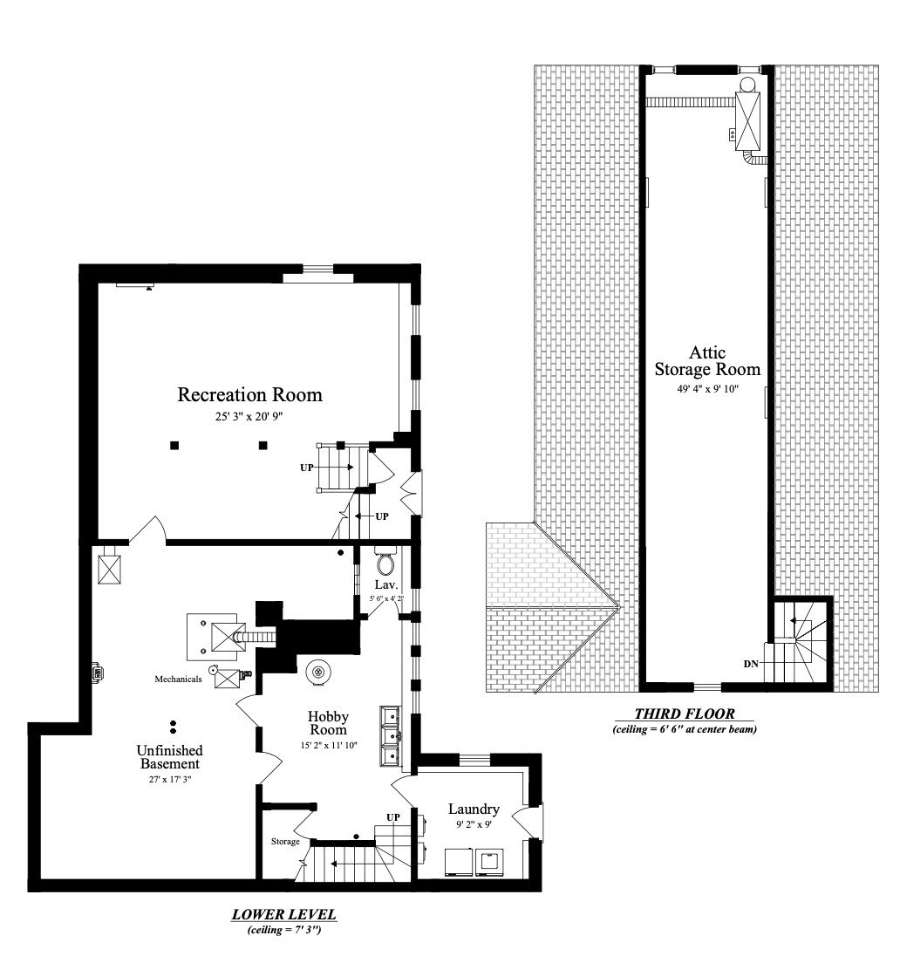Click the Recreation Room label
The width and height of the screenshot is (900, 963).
(x=250, y=395)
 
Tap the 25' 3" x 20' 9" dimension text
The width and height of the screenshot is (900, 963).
(x=249, y=416)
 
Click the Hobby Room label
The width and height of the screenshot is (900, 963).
(x=329, y=723)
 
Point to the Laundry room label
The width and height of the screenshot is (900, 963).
(x=474, y=809)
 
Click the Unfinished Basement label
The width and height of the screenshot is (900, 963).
(x=169, y=757)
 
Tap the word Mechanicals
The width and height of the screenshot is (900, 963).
(x=178, y=679)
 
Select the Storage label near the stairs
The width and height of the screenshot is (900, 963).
(x=285, y=842)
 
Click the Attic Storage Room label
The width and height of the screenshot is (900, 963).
(x=707, y=361)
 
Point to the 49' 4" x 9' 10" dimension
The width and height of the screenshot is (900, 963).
(x=707, y=389)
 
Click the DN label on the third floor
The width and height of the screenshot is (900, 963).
(x=751, y=664)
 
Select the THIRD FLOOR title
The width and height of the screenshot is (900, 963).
(x=685, y=714)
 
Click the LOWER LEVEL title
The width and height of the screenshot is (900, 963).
(x=284, y=914)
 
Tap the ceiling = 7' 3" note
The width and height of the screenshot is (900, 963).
(x=284, y=930)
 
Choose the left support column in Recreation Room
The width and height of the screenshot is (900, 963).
(x=174, y=445)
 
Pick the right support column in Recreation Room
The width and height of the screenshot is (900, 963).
(x=262, y=445)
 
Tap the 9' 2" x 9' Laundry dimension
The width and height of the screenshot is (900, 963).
(x=474, y=825)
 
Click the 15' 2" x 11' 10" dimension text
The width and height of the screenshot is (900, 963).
(x=329, y=746)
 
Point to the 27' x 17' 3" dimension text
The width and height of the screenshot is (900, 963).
(x=169, y=779)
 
